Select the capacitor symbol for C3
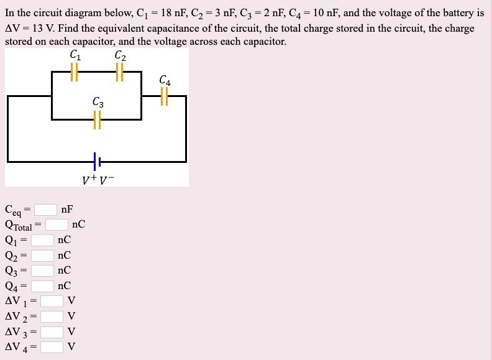[x=97, y=119]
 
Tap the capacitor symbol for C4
[x=165, y=96]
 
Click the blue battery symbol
[x=97, y=162]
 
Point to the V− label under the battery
[x=107, y=180]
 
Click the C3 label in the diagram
[x=98, y=102]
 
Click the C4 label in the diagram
[x=165, y=80]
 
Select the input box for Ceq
[x=45, y=210]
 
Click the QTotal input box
[x=57, y=224]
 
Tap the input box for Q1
[x=43, y=240]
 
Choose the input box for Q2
[x=43, y=256]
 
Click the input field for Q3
[x=43, y=270]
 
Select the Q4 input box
[x=43, y=286]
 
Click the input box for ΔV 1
[x=52, y=302]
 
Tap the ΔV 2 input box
[x=52, y=316]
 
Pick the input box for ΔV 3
[x=52, y=331]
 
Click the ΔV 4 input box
[x=52, y=347]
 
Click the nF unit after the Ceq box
[x=67, y=210]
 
